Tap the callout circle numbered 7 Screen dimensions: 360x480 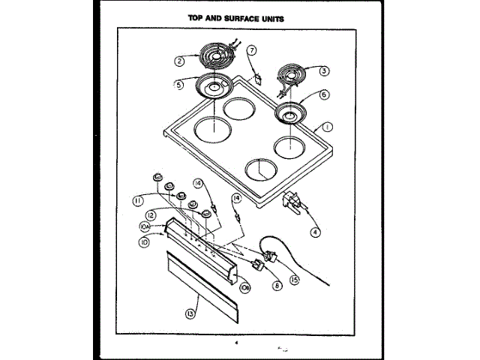[252, 51]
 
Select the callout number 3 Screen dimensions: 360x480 [323, 71]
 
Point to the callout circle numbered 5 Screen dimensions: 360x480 [179, 85]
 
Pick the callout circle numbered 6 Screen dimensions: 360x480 [323, 95]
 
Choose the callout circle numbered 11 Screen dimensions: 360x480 [139, 200]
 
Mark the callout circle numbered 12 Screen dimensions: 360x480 [150, 214]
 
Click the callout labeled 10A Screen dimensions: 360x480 [143, 226]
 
